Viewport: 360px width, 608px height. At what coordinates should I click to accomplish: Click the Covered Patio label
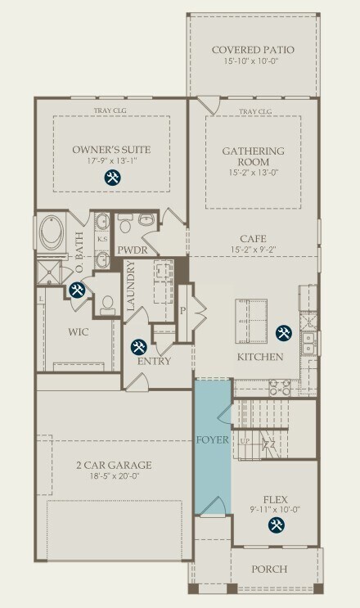click(253, 50)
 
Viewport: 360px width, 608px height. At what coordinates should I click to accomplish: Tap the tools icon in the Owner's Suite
click(113, 178)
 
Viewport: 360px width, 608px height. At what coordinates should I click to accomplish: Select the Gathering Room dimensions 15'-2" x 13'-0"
click(253, 173)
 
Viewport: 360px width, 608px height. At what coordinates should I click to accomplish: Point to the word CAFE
click(253, 239)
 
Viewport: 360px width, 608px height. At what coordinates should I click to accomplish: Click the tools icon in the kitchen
click(284, 333)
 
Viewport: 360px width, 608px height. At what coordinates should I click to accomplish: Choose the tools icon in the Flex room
click(277, 525)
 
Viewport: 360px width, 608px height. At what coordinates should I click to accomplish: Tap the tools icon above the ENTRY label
click(138, 347)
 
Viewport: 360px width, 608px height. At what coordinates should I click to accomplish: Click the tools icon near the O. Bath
click(77, 290)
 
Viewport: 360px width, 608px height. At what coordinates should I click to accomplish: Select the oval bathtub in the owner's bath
click(52, 232)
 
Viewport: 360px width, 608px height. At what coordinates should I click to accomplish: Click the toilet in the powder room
click(125, 223)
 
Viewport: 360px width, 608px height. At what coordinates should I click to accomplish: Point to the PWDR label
click(133, 250)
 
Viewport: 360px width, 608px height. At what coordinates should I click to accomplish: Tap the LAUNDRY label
click(131, 286)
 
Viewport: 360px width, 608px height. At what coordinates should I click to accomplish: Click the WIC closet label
click(79, 332)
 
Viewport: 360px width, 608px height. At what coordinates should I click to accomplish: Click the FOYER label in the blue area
click(213, 439)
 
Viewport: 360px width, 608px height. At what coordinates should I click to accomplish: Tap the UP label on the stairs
click(245, 441)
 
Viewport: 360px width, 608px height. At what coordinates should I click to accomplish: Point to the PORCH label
click(269, 570)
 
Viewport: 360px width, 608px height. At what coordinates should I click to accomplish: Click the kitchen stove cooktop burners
click(280, 388)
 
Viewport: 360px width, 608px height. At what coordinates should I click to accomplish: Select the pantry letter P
click(183, 311)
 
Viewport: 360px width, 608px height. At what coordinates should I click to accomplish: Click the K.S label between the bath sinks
click(102, 239)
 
